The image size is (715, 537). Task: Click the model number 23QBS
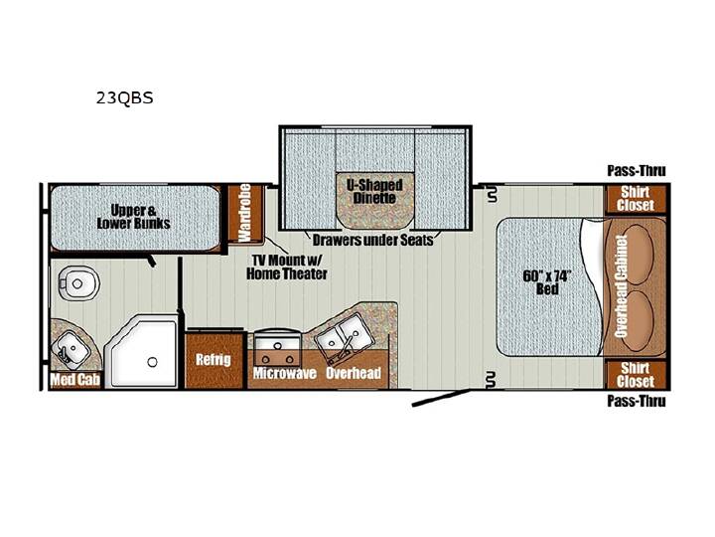click(124, 98)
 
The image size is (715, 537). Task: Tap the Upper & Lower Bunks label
click(134, 217)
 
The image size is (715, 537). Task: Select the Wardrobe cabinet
click(245, 213)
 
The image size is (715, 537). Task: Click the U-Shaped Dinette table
click(375, 200)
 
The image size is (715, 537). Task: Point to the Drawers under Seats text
click(372, 240)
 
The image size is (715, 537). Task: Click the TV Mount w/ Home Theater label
click(287, 268)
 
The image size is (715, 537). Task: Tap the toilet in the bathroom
click(78, 283)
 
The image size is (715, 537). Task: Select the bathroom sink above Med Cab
click(71, 348)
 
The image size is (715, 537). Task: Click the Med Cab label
click(74, 380)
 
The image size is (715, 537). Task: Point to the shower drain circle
click(152, 362)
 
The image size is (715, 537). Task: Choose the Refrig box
click(214, 360)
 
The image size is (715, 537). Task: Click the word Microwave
click(285, 373)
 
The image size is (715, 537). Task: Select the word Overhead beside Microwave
click(354, 373)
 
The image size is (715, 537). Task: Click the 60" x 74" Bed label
click(547, 282)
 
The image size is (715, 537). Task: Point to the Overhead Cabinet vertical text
click(621, 285)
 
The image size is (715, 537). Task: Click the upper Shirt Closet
click(636, 199)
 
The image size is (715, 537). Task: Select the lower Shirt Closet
click(636, 375)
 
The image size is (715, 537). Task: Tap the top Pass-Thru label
click(637, 171)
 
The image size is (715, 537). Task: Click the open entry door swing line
click(441, 398)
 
